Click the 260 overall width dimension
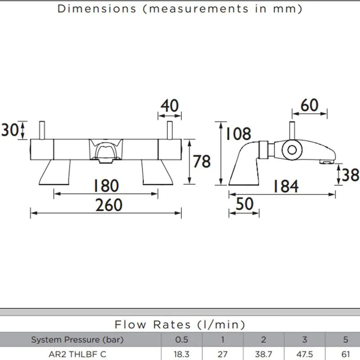pyautogui.click(x=108, y=205)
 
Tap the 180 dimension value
pyautogui.click(x=106, y=186)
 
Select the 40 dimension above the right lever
pyautogui.click(x=170, y=106)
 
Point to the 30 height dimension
pyautogui.click(x=9, y=130)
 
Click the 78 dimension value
pyautogui.click(x=202, y=162)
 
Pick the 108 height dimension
pyautogui.click(x=238, y=134)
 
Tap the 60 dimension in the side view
pyautogui.click(x=310, y=105)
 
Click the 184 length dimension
pyautogui.click(x=286, y=186)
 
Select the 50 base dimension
pyautogui.click(x=244, y=204)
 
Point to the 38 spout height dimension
pyautogui.click(x=351, y=175)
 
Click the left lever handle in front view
pyautogui.click(x=42, y=130)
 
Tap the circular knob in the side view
pyautogui.click(x=292, y=150)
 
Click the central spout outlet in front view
pyautogui.click(x=106, y=161)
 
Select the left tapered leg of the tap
pyautogui.click(x=54, y=172)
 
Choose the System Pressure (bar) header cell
pyautogui.click(x=77, y=340)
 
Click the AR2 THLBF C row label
pyautogui.click(x=77, y=354)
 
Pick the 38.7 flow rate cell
pyautogui.click(x=264, y=354)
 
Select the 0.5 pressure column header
pyautogui.click(x=182, y=340)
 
